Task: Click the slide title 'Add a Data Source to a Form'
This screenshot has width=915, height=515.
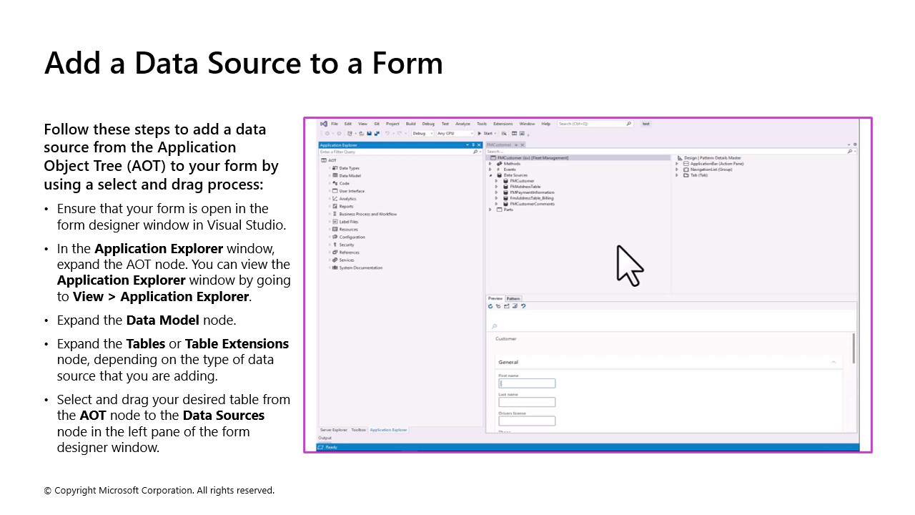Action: point(243,63)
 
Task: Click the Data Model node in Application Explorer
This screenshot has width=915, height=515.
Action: point(350,175)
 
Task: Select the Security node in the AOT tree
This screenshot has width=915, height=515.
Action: point(346,245)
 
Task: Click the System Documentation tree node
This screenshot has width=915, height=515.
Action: point(360,268)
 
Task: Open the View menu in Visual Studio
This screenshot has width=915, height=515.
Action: point(362,124)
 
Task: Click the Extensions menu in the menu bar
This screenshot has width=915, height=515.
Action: point(503,124)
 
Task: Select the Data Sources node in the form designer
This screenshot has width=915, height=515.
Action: point(515,175)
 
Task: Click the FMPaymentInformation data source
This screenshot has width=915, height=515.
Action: point(531,192)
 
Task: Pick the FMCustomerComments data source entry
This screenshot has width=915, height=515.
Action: point(532,204)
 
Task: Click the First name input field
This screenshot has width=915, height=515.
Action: point(527,383)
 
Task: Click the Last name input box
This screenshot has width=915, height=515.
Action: point(527,402)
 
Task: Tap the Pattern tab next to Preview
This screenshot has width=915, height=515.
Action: point(513,298)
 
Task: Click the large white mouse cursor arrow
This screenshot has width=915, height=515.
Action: point(628,265)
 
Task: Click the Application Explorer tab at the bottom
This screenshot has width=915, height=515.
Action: point(388,430)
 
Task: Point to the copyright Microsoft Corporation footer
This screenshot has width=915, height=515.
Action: point(159,490)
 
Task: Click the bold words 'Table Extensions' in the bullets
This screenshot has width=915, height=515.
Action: point(237,343)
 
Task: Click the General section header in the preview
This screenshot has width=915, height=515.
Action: point(508,362)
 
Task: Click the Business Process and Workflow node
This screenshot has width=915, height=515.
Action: point(367,214)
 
